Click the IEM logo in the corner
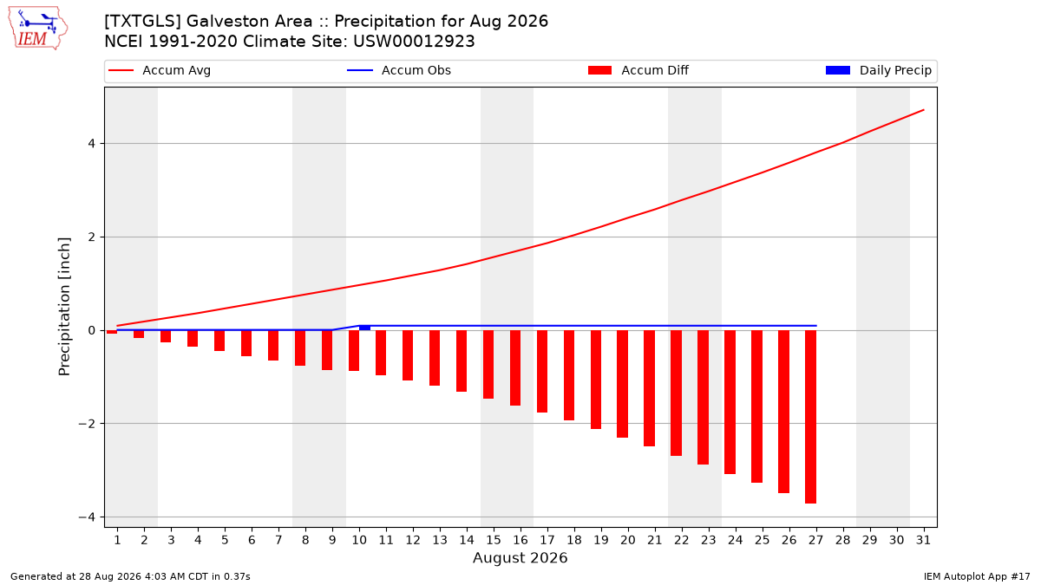point(38,29)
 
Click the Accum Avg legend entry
point(160,70)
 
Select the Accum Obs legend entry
point(399,70)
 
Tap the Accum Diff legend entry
point(638,70)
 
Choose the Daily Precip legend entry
point(878,70)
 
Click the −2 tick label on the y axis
point(87,424)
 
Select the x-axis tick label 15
point(494,540)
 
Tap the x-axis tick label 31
point(923,540)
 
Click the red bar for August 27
point(811,417)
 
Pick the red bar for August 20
point(623,384)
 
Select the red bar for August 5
point(219,341)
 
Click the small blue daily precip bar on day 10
point(365,328)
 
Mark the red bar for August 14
point(462,361)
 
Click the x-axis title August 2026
point(520,557)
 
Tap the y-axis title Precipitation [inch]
point(64,307)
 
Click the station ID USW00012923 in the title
point(414,42)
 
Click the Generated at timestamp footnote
point(130,576)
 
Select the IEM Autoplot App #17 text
point(977,576)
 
